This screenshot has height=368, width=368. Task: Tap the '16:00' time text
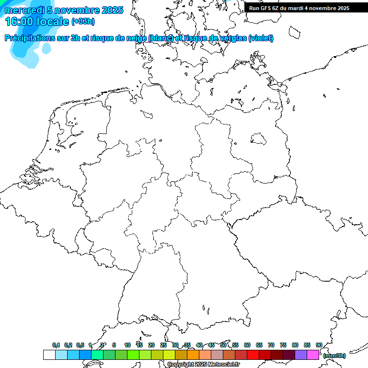pyautogui.click(x=20, y=22)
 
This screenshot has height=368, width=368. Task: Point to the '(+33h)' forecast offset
pyautogui.click(x=83, y=22)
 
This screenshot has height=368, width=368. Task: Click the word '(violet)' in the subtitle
pyautogui.click(x=261, y=38)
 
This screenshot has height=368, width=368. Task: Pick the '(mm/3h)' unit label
pyautogui.click(x=334, y=356)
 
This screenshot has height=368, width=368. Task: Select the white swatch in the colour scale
pyautogui.click(x=49, y=355)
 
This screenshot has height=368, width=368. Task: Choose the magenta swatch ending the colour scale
pyautogui.click(x=313, y=355)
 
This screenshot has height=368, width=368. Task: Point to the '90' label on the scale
pyautogui.click(x=319, y=345)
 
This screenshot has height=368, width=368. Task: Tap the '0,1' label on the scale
pyautogui.click(x=56, y=345)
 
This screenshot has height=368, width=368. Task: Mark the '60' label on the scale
pyautogui.click(x=247, y=345)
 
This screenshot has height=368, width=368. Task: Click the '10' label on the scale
pyautogui.click(x=127, y=345)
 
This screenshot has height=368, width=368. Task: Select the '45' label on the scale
pyautogui.click(x=211, y=345)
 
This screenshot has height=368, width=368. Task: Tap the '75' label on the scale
pyautogui.click(x=283, y=345)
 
